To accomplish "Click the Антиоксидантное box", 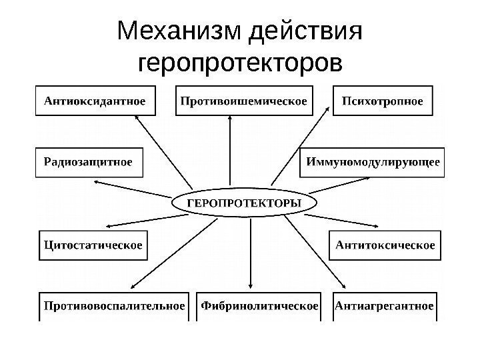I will pos(95,101).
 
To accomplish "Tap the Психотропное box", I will pos(382,101).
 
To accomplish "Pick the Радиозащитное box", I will pos(88,161).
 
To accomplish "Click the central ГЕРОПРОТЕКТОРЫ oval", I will pos(243,202).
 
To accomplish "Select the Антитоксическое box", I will pos(385,245).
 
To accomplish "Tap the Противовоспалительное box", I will pos(114,306).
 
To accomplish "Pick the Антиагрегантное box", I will pos(385,306).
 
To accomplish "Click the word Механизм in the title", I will pos(177,31).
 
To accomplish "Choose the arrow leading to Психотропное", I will pos(300,150).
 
